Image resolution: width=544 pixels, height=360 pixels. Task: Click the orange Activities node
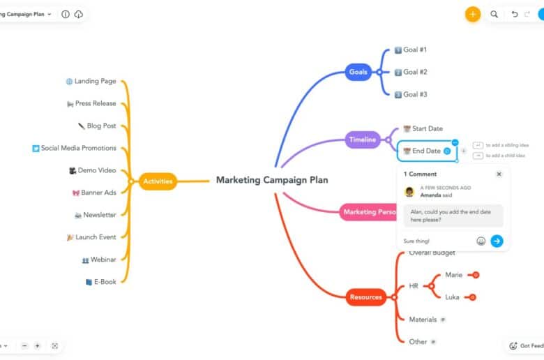tap(158, 181)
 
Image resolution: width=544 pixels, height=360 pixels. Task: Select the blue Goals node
tap(358, 71)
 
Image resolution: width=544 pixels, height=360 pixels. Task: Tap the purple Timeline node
tap(362, 140)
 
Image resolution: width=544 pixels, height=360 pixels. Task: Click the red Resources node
tap(365, 297)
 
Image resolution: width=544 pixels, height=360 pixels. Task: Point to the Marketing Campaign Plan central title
tap(271, 180)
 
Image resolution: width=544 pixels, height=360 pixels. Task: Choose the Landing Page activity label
tap(95, 82)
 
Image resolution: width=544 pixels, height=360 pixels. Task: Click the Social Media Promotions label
tap(78, 148)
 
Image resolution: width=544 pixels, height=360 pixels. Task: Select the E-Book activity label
tap(105, 282)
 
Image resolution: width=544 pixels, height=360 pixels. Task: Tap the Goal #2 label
tap(415, 72)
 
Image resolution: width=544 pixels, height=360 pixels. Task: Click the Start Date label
tap(427, 128)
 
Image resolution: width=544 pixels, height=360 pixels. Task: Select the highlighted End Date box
tap(426, 151)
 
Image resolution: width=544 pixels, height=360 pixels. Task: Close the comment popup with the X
tap(499, 174)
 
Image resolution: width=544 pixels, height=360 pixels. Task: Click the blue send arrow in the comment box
tap(497, 241)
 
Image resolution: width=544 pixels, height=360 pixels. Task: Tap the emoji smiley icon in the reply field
tap(481, 241)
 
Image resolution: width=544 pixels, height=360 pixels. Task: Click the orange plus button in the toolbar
tap(473, 14)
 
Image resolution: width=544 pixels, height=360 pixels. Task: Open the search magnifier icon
tap(494, 14)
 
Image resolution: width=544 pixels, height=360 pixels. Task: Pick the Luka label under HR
tap(452, 297)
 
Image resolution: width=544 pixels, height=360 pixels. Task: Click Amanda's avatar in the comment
tap(409, 191)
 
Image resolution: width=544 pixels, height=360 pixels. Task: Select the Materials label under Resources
tap(423, 320)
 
